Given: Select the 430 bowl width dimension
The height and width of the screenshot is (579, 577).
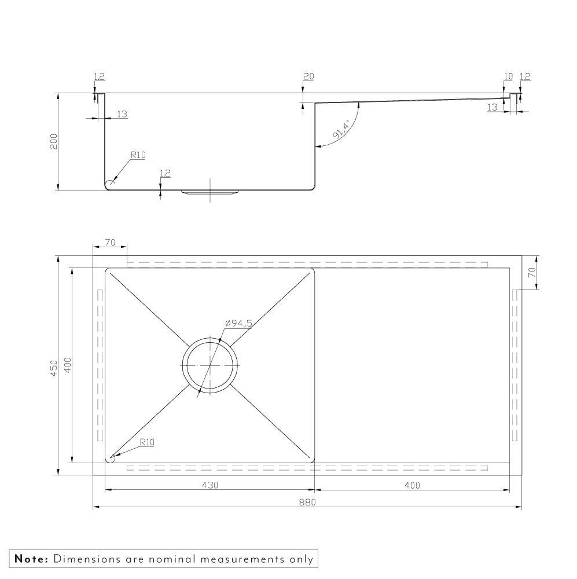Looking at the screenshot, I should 210,485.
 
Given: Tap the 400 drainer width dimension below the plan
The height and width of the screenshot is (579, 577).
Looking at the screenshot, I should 411,485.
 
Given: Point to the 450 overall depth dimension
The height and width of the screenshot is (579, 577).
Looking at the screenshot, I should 53,368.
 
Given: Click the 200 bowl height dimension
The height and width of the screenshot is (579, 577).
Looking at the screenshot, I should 53,142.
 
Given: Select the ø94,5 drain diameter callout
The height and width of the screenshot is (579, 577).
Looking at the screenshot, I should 238,323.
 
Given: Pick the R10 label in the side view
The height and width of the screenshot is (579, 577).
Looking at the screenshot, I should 138,155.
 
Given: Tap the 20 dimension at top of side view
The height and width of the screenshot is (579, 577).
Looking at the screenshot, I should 308,76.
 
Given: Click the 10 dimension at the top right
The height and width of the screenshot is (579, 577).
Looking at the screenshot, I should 508,76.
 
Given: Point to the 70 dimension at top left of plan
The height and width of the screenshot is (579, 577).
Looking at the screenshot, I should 110,243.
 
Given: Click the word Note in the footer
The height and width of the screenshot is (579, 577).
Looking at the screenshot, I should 31,559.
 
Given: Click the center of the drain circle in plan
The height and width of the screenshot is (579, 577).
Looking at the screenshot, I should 210,365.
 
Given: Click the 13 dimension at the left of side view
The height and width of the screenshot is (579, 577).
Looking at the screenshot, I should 122,115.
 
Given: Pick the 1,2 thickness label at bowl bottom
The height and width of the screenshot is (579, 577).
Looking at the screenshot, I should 165,173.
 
